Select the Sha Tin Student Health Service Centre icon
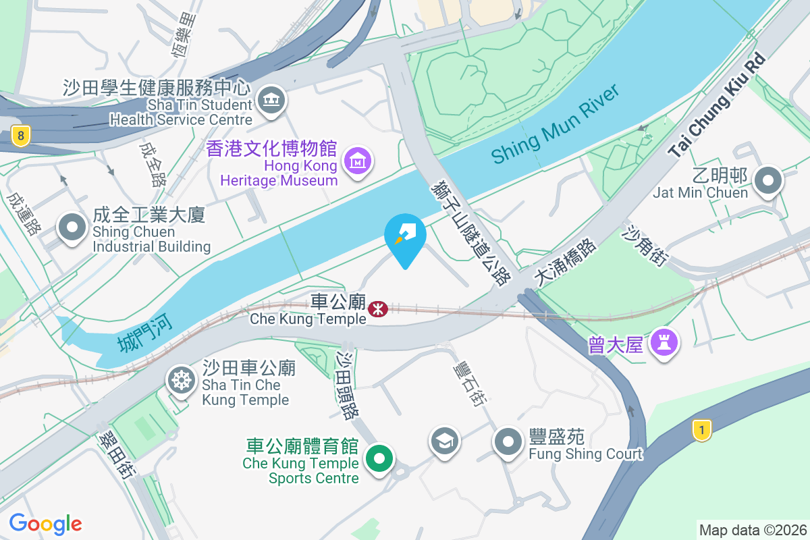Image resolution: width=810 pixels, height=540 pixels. [272, 101]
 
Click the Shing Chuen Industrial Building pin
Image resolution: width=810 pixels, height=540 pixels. [72, 227]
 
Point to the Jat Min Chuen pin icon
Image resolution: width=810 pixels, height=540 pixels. [767, 181]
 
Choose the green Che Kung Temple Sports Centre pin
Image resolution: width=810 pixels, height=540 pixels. [379, 459]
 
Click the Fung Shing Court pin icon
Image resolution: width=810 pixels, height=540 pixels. [508, 443]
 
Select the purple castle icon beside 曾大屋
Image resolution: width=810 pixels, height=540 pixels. [664, 344]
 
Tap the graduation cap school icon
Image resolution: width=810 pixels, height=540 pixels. [444, 441]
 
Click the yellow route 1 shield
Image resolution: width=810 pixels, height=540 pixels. [702, 429]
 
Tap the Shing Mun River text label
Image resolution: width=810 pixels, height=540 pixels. [555, 125]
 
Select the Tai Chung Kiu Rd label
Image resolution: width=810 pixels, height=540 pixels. [718, 105]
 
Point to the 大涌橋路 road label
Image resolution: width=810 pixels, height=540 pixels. [565, 263]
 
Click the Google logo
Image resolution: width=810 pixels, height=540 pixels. [45, 524]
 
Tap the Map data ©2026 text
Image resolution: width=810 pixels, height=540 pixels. [752, 530]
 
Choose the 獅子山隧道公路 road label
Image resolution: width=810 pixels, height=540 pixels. [470, 230]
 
